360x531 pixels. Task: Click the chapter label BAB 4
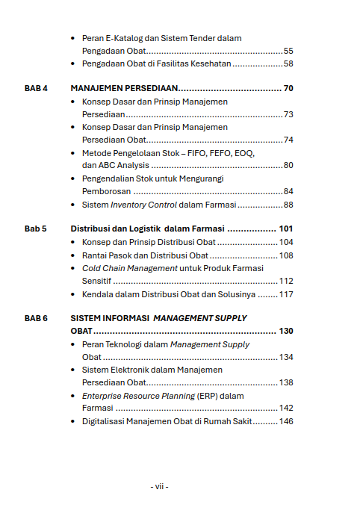(36, 88)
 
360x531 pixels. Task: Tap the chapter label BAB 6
(36, 318)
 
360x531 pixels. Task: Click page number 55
(288, 51)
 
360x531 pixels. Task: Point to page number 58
(288, 64)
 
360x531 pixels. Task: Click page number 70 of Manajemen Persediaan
(288, 88)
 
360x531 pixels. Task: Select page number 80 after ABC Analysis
(288, 165)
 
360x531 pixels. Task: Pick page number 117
(286, 294)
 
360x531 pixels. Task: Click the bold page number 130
(285, 331)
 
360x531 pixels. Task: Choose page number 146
(286, 422)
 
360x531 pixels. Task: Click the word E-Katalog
(122, 38)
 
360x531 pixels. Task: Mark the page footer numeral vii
(159, 487)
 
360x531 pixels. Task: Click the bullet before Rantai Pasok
(72, 255)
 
